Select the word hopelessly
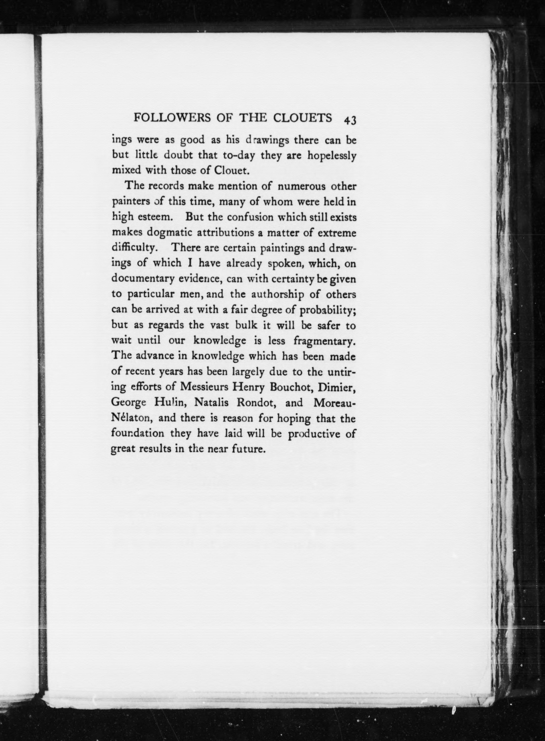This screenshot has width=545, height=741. [332, 156]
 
